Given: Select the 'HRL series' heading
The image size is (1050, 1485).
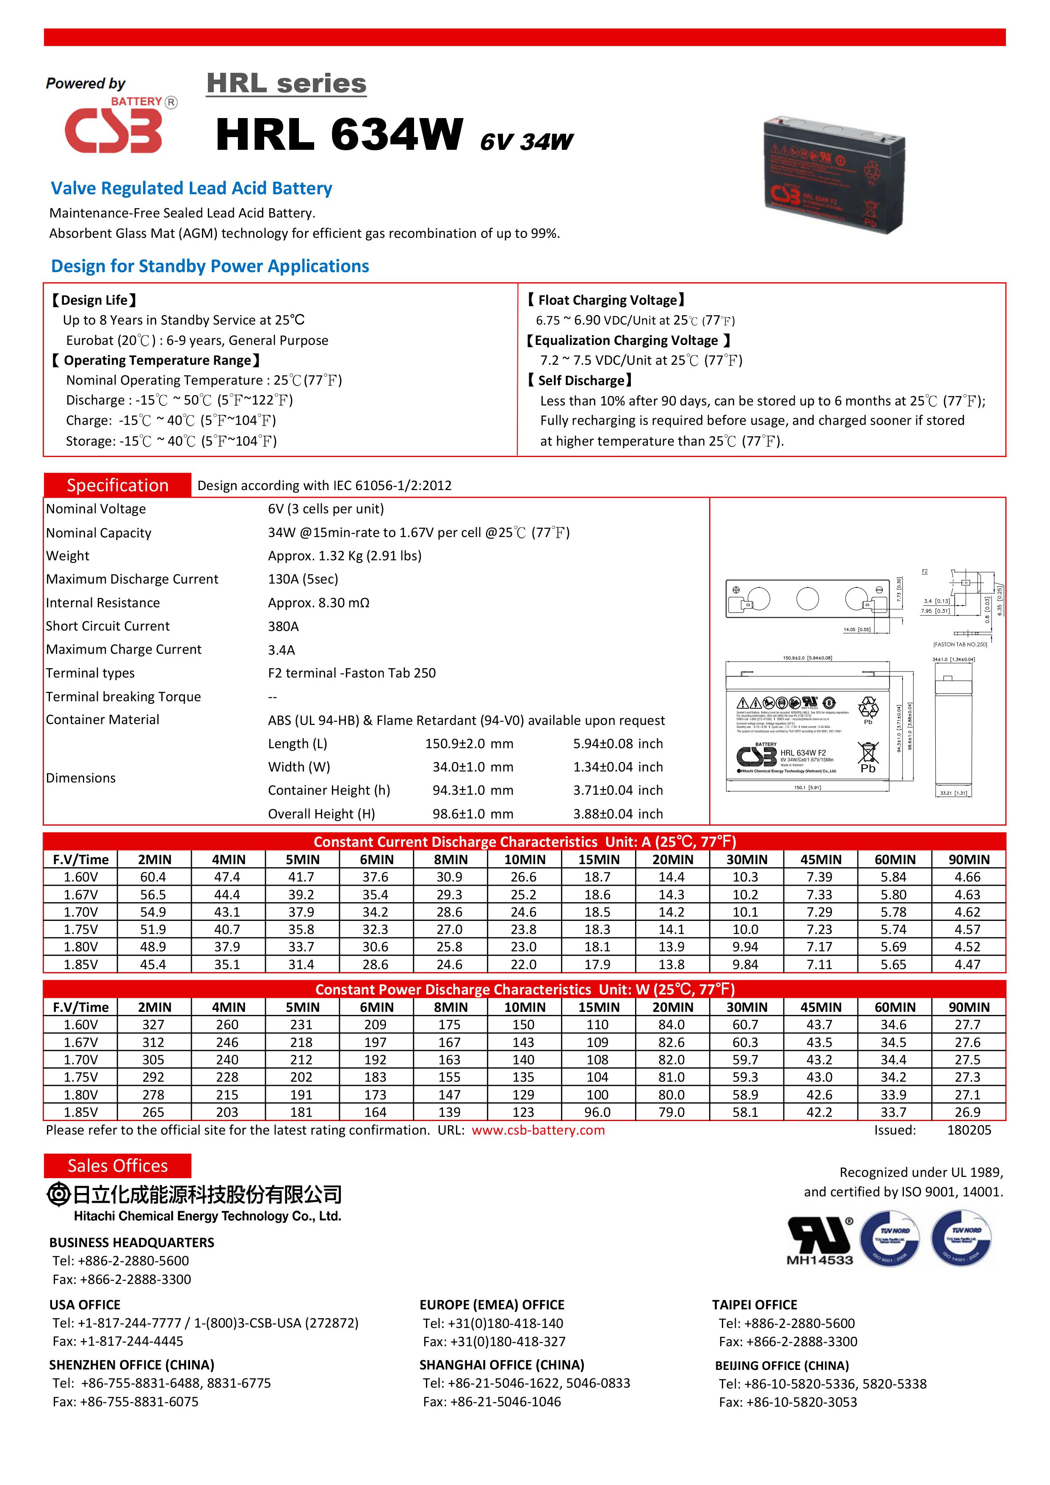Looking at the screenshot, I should (x=286, y=83).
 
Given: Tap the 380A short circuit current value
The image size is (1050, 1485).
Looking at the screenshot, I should (x=283, y=626).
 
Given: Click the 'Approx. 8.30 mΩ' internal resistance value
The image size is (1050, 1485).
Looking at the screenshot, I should (x=318, y=603).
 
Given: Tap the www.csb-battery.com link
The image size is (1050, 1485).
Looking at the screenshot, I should (x=538, y=1130).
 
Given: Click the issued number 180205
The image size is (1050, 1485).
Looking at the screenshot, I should (x=968, y=1130).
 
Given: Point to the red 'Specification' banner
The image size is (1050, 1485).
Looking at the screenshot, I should (x=117, y=485).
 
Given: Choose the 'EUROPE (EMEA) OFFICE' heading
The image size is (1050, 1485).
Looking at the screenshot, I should (x=492, y=1305).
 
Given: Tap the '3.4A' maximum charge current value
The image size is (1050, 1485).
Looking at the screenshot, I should (x=282, y=650).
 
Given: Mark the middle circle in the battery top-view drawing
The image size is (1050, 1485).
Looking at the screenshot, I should (x=807, y=598).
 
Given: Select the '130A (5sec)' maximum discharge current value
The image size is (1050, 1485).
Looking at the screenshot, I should (x=303, y=579).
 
